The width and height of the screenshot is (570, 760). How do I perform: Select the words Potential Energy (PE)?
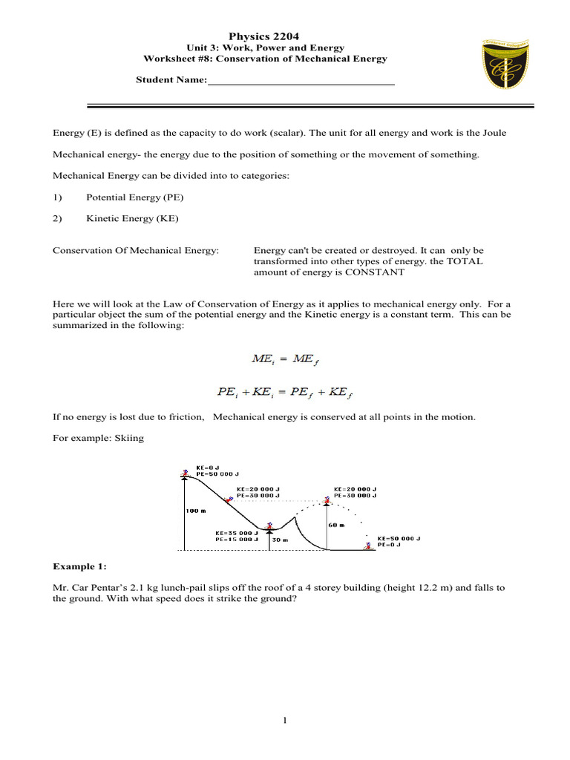(x=134, y=197)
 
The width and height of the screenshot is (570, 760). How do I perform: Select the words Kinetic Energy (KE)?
(x=132, y=218)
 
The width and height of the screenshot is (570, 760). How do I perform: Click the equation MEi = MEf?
(x=285, y=360)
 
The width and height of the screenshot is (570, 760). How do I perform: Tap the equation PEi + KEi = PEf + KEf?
(x=285, y=392)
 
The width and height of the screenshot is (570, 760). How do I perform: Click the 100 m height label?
(x=196, y=511)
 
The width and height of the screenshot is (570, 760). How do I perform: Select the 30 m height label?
(x=279, y=540)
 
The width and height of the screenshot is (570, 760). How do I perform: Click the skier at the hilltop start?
(x=184, y=474)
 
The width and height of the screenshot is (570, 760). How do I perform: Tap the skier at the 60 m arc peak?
(x=327, y=500)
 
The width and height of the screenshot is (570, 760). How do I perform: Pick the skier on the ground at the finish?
(x=367, y=546)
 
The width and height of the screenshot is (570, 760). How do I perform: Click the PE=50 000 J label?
(x=217, y=474)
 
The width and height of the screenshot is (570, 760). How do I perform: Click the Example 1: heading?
(x=79, y=566)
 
